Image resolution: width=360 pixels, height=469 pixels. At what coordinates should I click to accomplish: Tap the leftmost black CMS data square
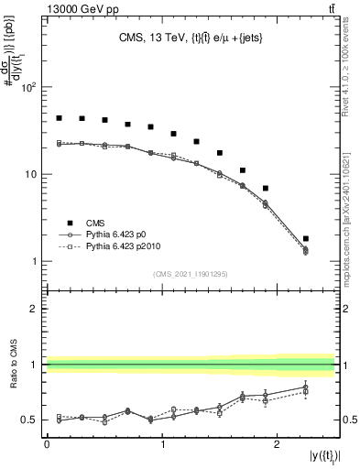[59, 118]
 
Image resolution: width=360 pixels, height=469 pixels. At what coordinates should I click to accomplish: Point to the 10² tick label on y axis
[29, 88]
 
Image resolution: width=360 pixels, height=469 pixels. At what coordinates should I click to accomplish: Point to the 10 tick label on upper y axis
[31, 174]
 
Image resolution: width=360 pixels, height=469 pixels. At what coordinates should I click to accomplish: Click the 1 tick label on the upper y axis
[35, 261]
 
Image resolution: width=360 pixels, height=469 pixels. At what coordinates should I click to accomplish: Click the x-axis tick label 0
[47, 443]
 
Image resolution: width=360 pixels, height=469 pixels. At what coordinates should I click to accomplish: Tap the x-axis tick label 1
[162, 443]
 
